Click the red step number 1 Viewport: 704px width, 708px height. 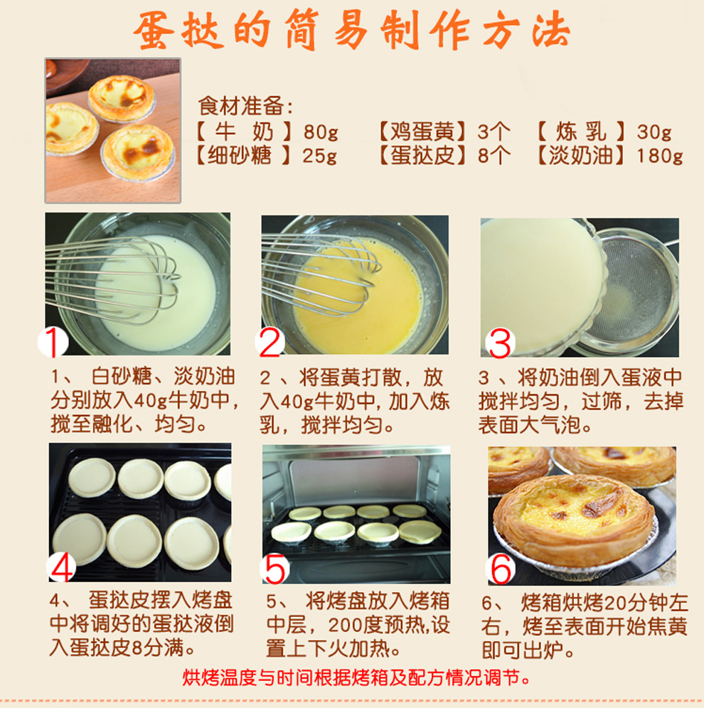click(53, 342)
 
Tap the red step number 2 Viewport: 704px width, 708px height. click(270, 342)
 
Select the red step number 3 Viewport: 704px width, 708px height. click(500, 344)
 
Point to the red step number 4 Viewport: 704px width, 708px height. click(61, 567)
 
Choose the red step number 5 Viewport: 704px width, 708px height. click(275, 569)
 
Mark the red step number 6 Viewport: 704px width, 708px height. click(501, 570)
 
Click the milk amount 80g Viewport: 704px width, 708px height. click(321, 132)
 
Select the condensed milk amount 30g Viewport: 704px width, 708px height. click(654, 132)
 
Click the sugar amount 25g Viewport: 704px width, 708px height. click(320, 156)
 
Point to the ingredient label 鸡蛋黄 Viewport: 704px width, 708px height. click(422, 132)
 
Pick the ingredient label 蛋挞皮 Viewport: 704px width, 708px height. click(422, 156)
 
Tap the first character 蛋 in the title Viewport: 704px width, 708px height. click(154, 30)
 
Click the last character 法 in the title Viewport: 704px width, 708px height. click(550, 30)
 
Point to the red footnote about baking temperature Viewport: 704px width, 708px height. click(356, 677)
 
